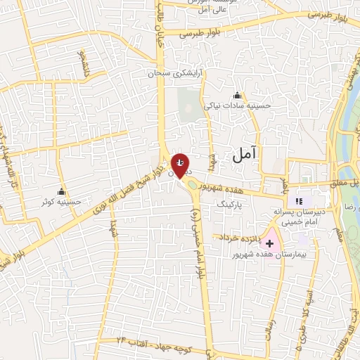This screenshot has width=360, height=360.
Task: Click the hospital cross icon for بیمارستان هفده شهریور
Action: pyautogui.click(x=269, y=243)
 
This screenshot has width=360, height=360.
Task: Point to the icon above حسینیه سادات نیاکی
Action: pyautogui.click(x=237, y=96)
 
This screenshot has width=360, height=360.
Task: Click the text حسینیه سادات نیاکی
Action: pyautogui.click(x=237, y=106)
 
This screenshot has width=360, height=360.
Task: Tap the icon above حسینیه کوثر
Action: pyautogui.click(x=62, y=192)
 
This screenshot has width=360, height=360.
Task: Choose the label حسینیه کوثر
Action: pyautogui.click(x=62, y=202)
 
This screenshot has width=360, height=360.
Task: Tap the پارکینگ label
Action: pyautogui.click(x=233, y=204)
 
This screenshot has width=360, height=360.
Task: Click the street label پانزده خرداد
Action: pyautogui.click(x=241, y=238)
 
